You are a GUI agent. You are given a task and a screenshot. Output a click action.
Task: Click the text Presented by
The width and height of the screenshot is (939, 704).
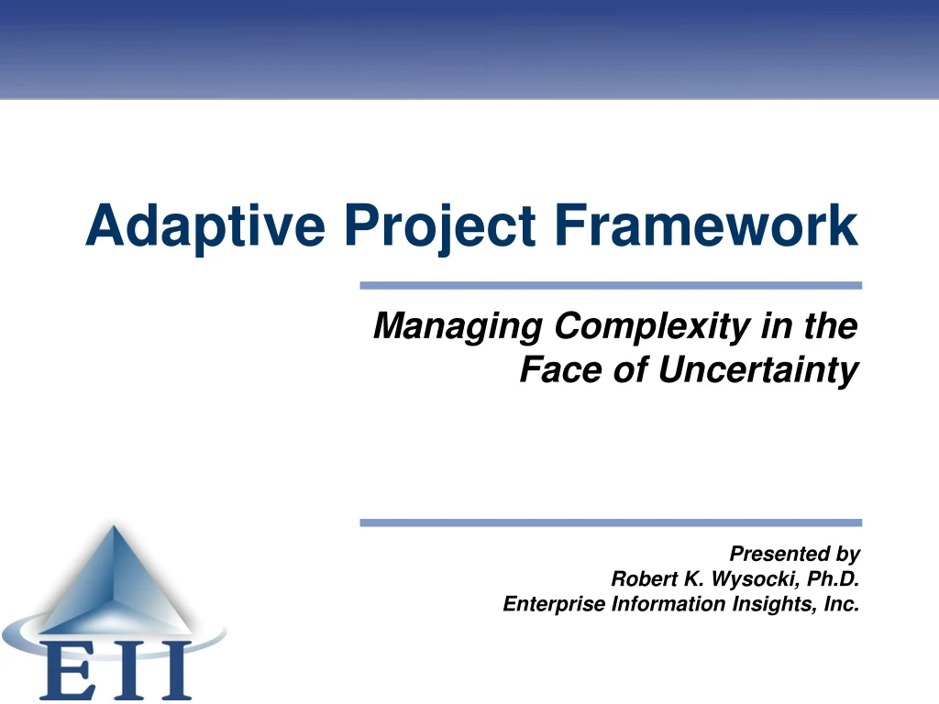[794, 554]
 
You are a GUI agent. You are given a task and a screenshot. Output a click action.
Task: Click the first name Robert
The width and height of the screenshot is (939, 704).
[642, 578]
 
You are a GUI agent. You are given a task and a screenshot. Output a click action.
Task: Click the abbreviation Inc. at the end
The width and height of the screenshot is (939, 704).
[841, 603]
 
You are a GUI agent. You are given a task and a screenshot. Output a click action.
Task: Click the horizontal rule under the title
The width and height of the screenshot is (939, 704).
[611, 285]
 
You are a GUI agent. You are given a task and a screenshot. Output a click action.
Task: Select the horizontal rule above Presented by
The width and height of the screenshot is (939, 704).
[611, 522]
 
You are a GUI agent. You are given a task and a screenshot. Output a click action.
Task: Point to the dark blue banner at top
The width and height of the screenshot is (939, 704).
[469, 46]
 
